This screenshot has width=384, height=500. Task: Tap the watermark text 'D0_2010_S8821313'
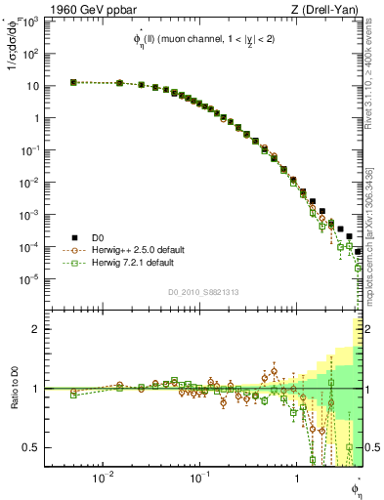coord(203,292)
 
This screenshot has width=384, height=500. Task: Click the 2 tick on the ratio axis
coord(35,329)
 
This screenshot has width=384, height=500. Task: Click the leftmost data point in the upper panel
coord(73,82)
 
